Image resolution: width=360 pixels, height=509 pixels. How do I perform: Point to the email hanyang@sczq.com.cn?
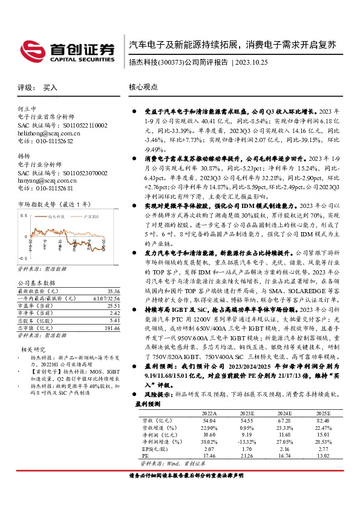coord(41,180)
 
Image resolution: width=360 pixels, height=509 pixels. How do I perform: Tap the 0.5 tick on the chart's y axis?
coord(22,215)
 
